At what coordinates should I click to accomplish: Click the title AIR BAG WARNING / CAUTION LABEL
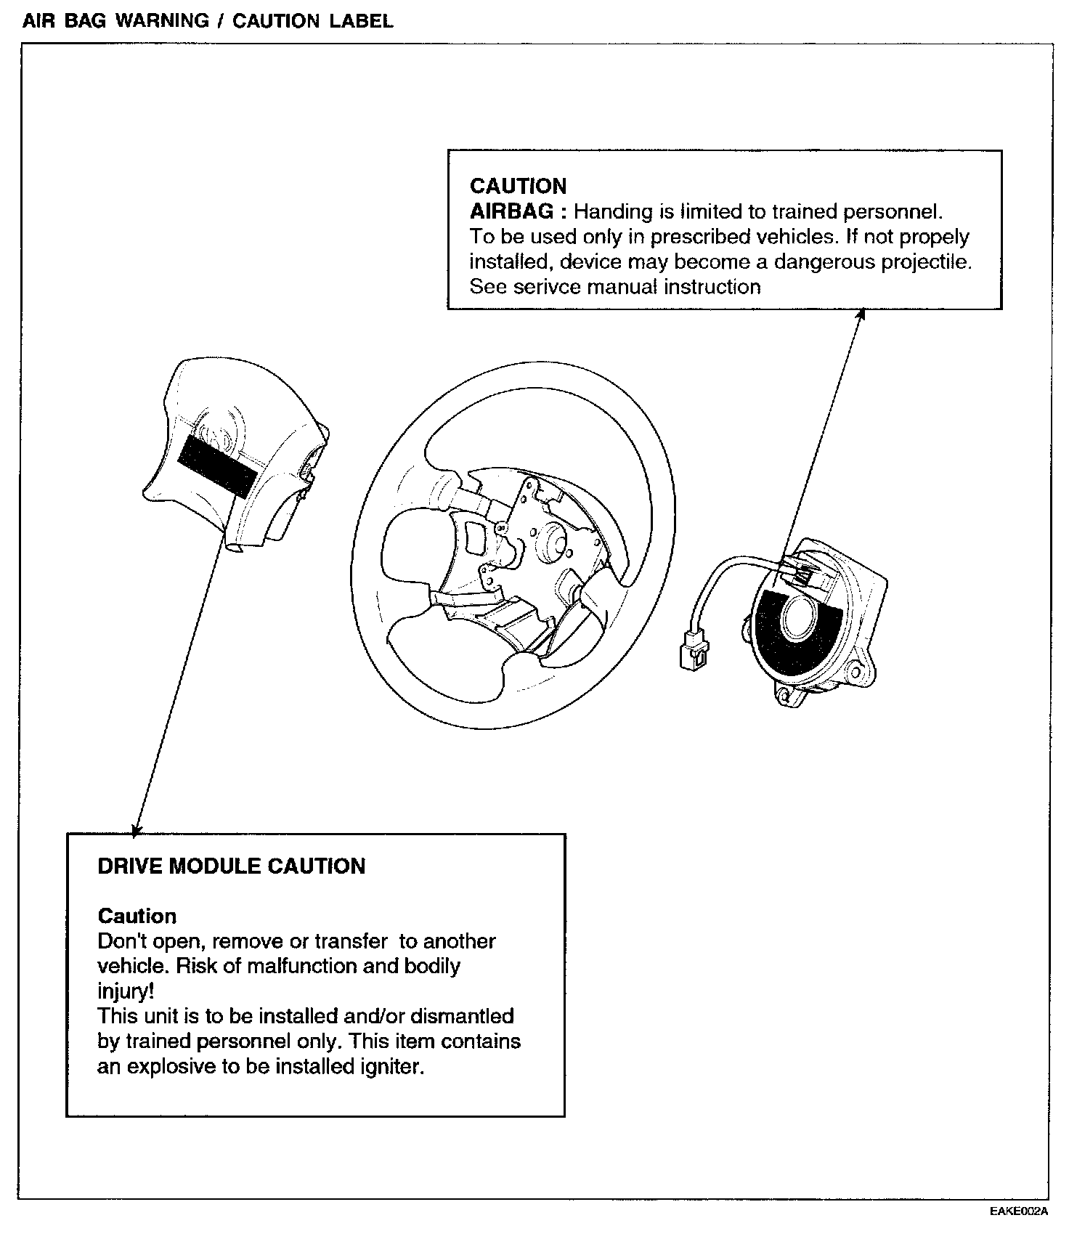[x=208, y=21]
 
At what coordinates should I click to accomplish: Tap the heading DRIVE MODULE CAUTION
[x=231, y=866]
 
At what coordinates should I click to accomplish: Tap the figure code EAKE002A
[x=1018, y=1211]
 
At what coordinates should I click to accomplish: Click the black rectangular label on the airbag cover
[x=217, y=466]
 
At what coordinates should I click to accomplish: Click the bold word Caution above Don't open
[x=137, y=916]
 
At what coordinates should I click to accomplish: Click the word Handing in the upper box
[x=613, y=211]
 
